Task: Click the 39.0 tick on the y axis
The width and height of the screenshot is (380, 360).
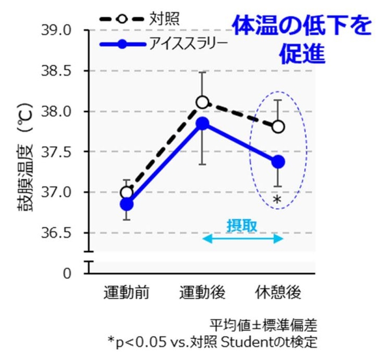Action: [x=56, y=30]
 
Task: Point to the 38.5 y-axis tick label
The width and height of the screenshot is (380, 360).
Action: [x=56, y=71]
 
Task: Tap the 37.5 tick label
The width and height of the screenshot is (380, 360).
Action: [x=56, y=152]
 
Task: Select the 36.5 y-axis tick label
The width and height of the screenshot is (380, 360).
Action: [x=56, y=233]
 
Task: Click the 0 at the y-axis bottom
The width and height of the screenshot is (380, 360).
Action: [x=67, y=273]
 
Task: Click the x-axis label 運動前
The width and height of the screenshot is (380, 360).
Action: [x=126, y=293]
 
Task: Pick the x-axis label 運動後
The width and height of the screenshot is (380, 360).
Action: [x=202, y=293]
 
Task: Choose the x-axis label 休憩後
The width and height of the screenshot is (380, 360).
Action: [x=278, y=293]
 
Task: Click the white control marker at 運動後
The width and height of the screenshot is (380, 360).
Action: [x=202, y=102]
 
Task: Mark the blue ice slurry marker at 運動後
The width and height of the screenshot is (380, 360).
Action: [x=202, y=124]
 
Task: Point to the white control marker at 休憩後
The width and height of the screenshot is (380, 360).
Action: [x=278, y=127]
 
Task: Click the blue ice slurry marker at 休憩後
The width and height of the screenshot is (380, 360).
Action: [x=278, y=162]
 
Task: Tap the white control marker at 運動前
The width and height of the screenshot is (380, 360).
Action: [x=126, y=192]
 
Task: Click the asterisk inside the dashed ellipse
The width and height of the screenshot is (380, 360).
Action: [x=277, y=200]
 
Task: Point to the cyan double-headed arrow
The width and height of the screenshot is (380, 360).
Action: [x=242, y=239]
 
